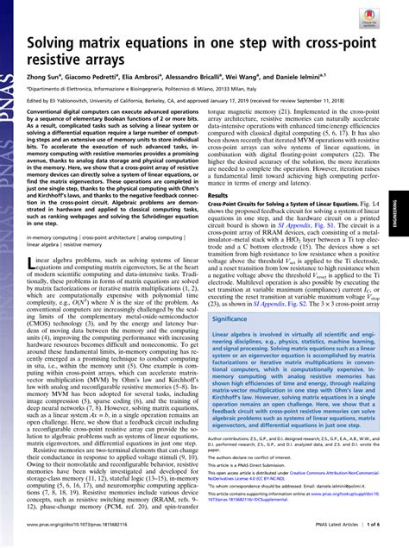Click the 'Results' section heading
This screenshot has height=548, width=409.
[x=220, y=195]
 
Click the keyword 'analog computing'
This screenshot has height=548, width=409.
[x=161, y=236]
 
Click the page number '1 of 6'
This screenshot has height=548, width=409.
[x=377, y=537]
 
